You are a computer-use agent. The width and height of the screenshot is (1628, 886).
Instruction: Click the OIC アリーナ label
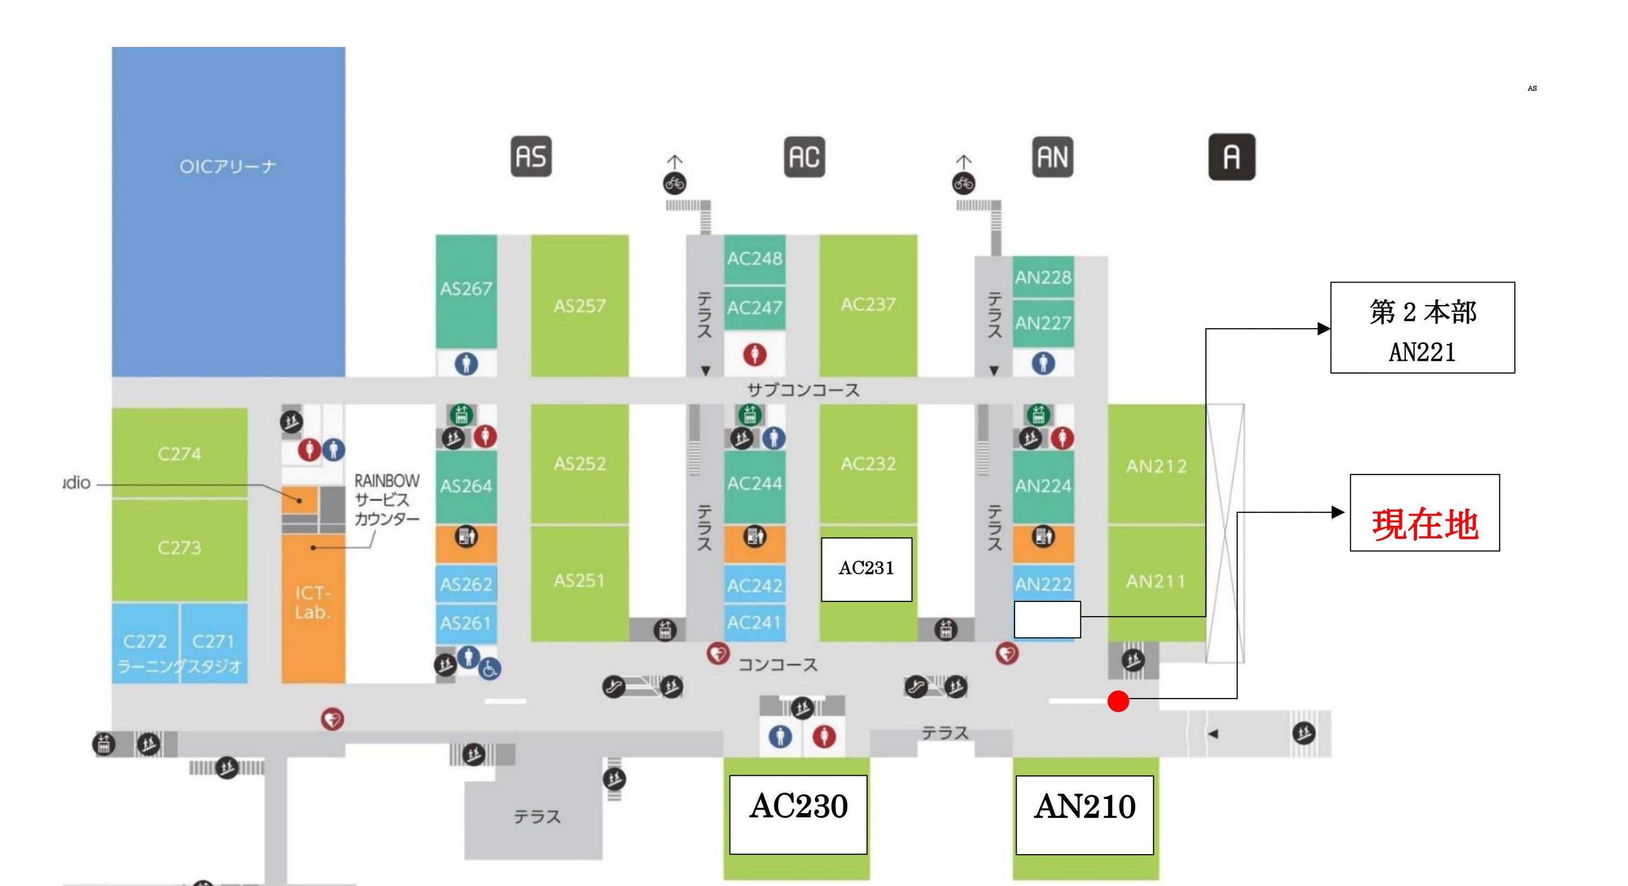pyautogui.click(x=228, y=166)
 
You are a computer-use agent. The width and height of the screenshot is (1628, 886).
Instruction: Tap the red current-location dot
pyautogui.click(x=1118, y=701)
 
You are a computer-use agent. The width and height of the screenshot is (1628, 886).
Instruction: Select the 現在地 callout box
pyautogui.click(x=1425, y=513)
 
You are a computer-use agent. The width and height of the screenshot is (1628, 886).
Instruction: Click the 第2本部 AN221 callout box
pyautogui.click(x=1422, y=328)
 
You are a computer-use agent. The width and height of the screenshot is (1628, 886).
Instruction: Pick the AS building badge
pyautogui.click(x=531, y=156)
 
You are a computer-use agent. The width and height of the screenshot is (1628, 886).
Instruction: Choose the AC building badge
pyautogui.click(x=804, y=156)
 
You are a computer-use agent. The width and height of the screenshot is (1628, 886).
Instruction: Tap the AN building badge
pyautogui.click(x=1052, y=156)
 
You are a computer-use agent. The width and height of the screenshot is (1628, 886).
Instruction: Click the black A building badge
pyautogui.click(x=1231, y=157)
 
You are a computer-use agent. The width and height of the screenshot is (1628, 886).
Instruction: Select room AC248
pyautogui.click(x=754, y=259)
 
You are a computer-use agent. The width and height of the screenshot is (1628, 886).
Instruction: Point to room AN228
pyautogui.click(x=1043, y=277)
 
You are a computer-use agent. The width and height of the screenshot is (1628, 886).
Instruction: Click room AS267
pyautogui.click(x=466, y=289)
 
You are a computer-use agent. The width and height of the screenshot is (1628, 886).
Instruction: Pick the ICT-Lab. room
pyautogui.click(x=313, y=603)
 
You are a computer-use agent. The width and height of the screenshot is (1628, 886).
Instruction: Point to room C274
pyautogui.click(x=180, y=454)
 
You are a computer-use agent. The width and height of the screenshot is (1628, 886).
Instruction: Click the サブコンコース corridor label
pyautogui.click(x=803, y=390)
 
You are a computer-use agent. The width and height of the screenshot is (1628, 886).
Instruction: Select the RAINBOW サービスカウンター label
pyautogui.click(x=386, y=499)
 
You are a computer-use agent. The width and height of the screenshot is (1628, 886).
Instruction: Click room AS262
pyautogui.click(x=466, y=584)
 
